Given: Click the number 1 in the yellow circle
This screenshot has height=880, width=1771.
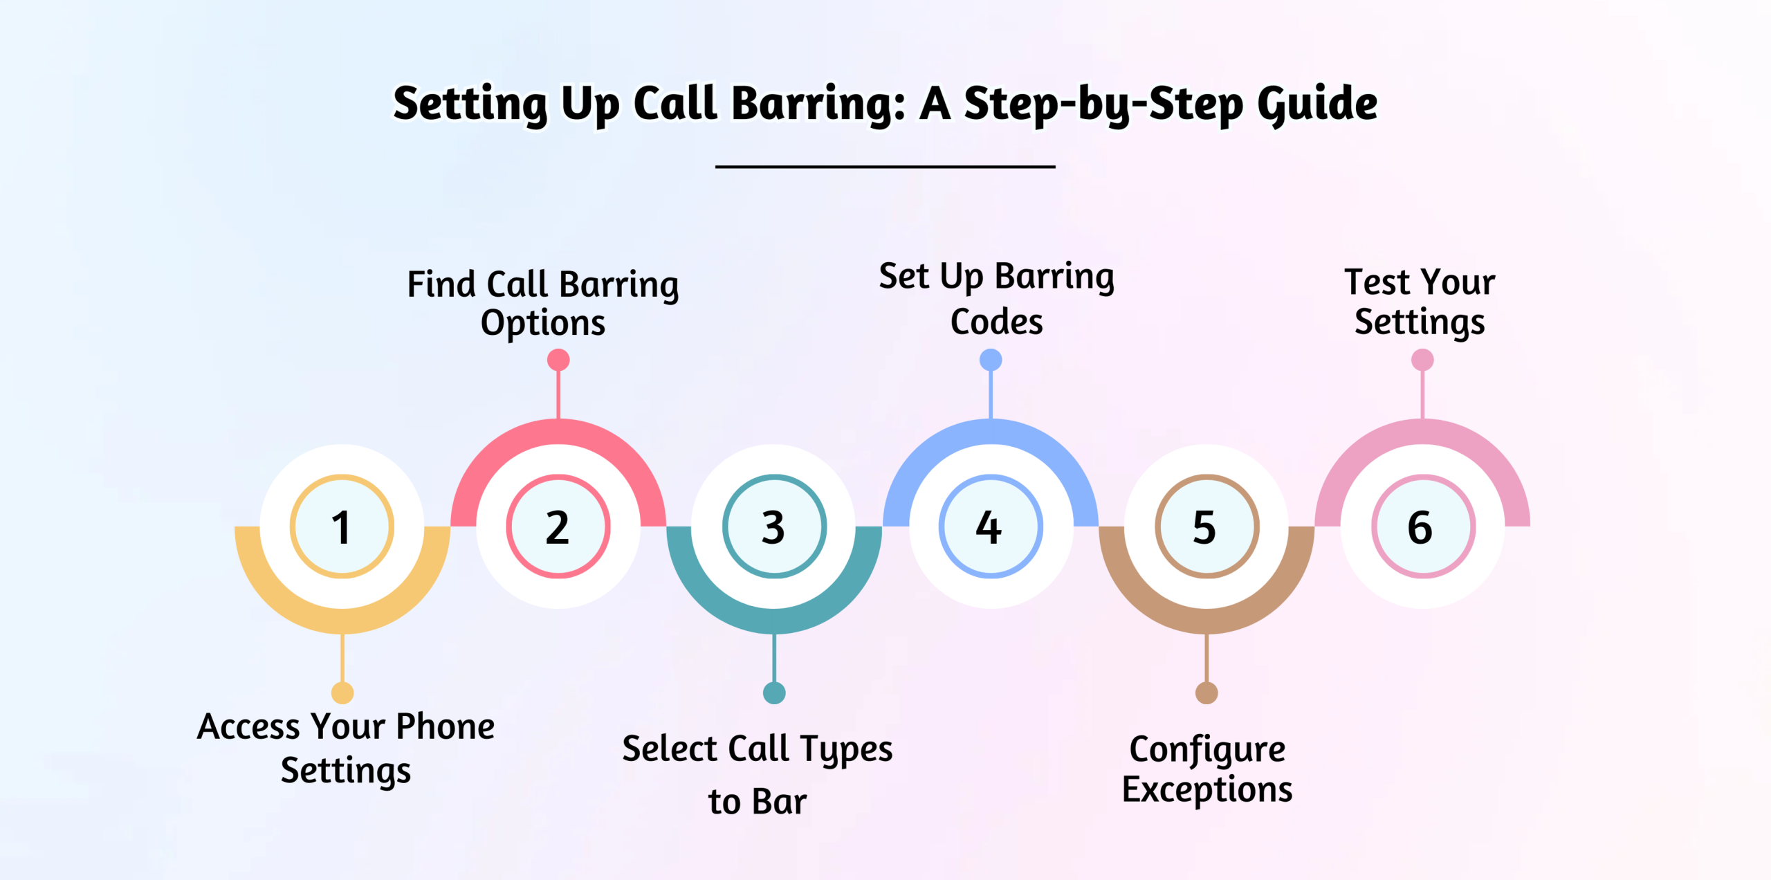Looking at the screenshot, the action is tap(342, 527).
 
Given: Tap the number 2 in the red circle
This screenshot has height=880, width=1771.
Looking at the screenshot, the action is tap(558, 527).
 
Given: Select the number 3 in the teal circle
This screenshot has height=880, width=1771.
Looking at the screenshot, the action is tap(773, 527).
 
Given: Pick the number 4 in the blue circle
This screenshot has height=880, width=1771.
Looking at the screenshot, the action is tap(989, 527).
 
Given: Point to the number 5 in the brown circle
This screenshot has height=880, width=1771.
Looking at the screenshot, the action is tap(1204, 527).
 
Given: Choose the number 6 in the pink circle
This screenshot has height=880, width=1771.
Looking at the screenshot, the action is tap(1420, 527).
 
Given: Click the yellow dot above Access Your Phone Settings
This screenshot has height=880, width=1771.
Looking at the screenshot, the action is tap(342, 693).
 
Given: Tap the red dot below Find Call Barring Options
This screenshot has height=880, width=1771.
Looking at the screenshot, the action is tap(558, 360).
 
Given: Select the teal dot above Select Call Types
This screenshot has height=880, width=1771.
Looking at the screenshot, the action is tap(774, 693).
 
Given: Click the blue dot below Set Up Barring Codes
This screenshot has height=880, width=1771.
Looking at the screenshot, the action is tap(991, 360).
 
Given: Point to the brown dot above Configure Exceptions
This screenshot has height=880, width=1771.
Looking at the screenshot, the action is tap(1206, 693).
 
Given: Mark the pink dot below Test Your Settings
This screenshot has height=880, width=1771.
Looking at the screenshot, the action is tap(1422, 360).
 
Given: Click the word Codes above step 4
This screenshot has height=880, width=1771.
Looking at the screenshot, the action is tap(997, 322).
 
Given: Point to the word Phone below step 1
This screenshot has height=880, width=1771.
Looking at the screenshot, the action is tap(446, 726).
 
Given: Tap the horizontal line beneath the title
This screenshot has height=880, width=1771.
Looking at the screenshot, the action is tap(885, 167).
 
